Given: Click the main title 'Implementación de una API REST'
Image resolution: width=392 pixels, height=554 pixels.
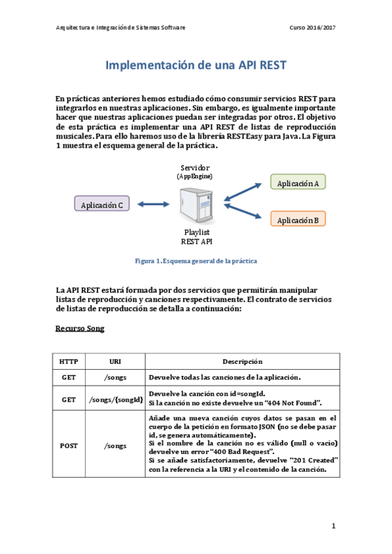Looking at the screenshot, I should pyautogui.click(x=196, y=66).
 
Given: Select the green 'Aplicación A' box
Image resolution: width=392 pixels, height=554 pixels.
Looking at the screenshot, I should pyautogui.click(x=298, y=183).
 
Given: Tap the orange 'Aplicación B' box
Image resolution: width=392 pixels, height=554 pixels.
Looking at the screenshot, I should pyautogui.click(x=298, y=220).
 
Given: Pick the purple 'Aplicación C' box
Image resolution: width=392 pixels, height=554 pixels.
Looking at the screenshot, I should pyautogui.click(x=102, y=205).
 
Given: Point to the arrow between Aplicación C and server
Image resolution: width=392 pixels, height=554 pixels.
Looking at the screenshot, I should pyautogui.click(x=153, y=204).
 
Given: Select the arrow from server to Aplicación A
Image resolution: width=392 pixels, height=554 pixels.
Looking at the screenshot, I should pyautogui.click(x=245, y=191).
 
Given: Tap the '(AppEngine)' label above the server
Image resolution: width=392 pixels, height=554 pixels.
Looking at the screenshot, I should pyautogui.click(x=194, y=176).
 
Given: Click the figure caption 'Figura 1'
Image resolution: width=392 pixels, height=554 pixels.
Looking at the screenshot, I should pyautogui.click(x=196, y=261).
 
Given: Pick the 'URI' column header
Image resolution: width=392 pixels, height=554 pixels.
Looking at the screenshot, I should pyautogui.click(x=115, y=361).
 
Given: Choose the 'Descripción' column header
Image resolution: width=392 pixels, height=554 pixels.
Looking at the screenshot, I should pyautogui.click(x=242, y=361).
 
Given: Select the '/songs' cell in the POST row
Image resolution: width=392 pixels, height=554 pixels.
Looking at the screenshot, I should pyautogui.click(x=115, y=446).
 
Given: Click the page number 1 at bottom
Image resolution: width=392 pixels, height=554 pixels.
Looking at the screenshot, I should pyautogui.click(x=333, y=525).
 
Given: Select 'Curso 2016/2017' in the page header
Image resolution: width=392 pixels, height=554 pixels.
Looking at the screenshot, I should pyautogui.click(x=312, y=28).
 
